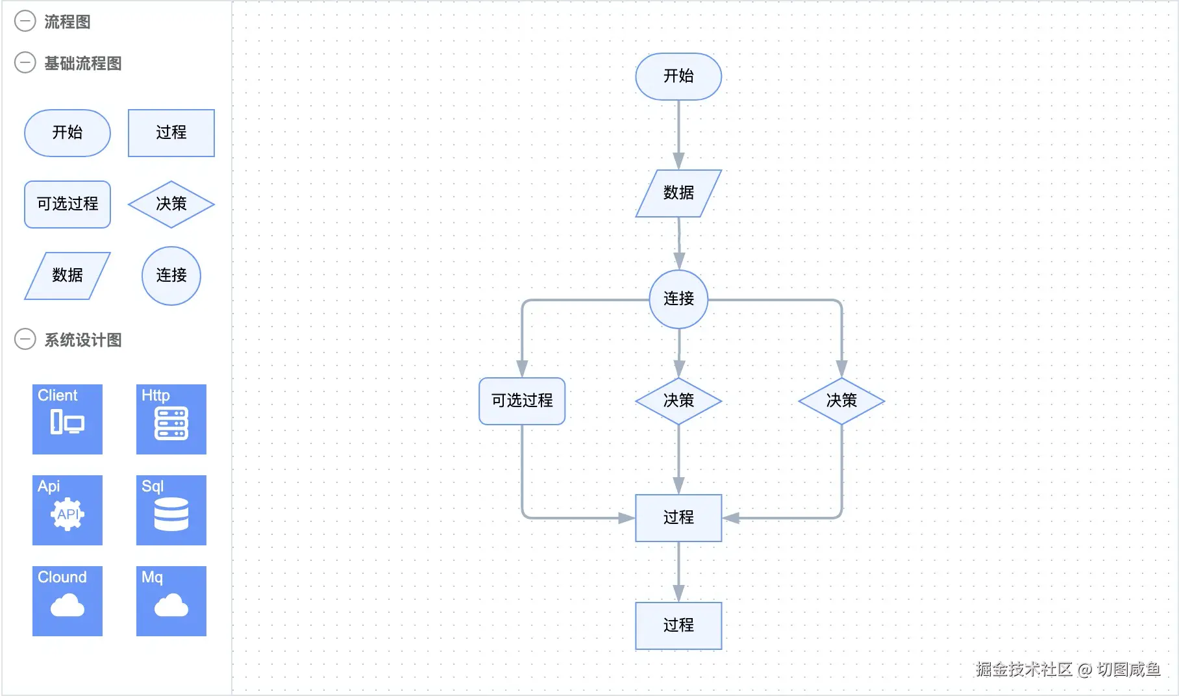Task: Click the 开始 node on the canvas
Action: point(678,77)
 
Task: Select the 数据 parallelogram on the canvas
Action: point(678,193)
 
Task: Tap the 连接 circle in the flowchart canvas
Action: point(678,299)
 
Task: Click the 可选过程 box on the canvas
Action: point(522,401)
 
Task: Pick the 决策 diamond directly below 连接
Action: point(678,401)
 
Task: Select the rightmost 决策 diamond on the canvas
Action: point(841,401)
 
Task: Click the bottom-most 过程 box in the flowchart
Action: point(678,625)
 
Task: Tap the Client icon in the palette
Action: point(68,419)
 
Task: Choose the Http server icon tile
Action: point(171,419)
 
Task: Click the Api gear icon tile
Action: point(68,510)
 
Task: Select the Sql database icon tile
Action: point(171,510)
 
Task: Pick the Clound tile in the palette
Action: point(68,601)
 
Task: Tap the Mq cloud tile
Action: point(171,601)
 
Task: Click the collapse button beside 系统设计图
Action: point(25,339)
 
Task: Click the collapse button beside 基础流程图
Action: point(25,63)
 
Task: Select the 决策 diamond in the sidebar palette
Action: point(171,204)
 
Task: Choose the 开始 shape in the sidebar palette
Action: point(68,132)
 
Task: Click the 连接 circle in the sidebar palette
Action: point(171,275)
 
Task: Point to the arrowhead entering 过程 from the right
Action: point(731,517)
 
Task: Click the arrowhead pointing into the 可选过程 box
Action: point(522,368)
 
